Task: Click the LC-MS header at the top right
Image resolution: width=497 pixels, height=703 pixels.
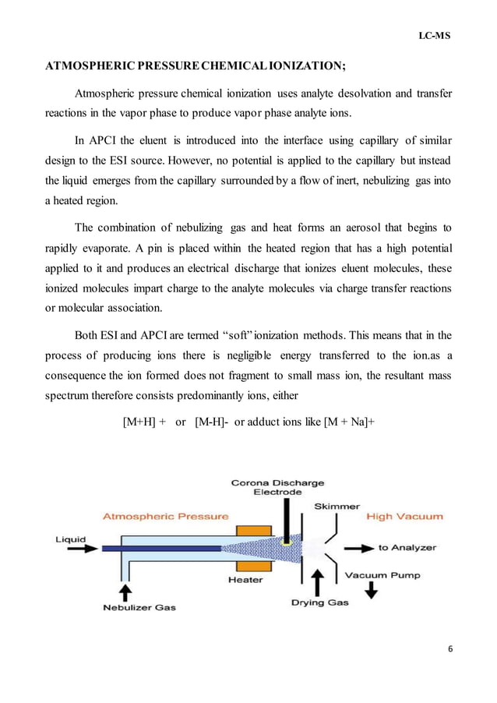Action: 434,37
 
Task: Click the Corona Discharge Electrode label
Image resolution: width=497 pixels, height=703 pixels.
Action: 277,487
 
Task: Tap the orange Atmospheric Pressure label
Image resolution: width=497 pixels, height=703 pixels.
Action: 166,516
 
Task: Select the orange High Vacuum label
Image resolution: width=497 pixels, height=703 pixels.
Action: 404,516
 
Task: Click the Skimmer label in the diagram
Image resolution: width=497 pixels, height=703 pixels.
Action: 337,506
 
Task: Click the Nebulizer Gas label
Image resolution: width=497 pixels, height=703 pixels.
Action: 139,608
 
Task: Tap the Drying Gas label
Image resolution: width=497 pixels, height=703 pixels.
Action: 318,602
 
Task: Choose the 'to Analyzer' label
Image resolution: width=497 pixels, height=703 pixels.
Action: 407,548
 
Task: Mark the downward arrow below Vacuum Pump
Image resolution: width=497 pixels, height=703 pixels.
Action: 372,592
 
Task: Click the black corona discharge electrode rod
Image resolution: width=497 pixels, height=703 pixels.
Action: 287,518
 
